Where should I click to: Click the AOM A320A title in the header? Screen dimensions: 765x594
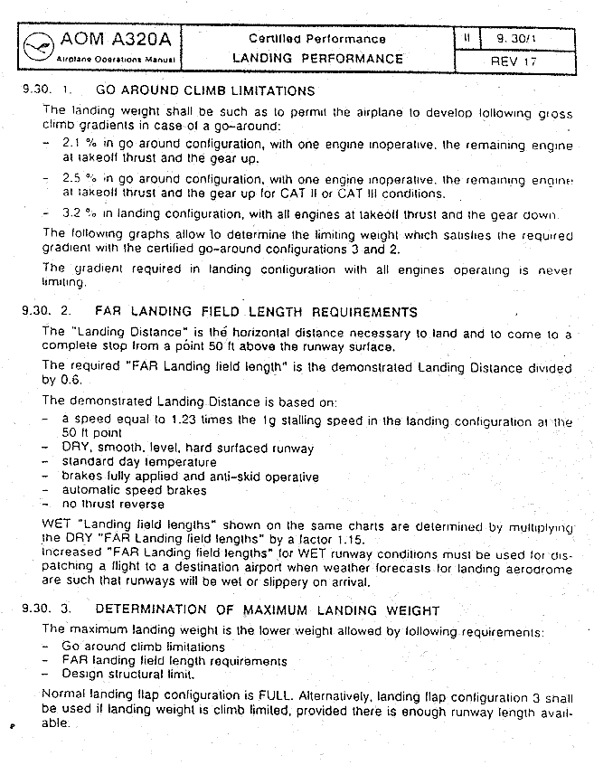pyautogui.click(x=118, y=41)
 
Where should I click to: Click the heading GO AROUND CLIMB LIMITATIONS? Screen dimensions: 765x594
pyautogui.click(x=205, y=90)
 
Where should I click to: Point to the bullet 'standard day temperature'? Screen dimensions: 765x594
pyautogui.click(x=139, y=462)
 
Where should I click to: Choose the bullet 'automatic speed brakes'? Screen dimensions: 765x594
pyautogui.click(x=134, y=490)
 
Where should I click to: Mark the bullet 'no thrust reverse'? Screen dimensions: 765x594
pyautogui.click(x=113, y=504)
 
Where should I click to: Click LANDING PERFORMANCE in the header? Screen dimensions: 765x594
pyautogui.click(x=317, y=58)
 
